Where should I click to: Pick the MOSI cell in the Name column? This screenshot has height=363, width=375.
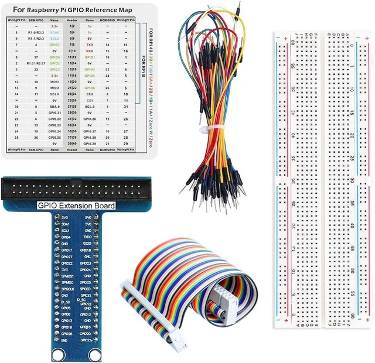click(54, 81)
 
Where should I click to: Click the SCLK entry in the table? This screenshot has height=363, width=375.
click(54, 94)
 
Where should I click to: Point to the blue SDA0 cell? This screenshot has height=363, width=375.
click(54, 32)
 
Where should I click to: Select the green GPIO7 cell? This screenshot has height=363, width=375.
click(54, 44)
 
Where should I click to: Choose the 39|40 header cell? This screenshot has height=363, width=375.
click(72, 142)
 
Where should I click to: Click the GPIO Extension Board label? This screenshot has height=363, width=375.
click(76, 206)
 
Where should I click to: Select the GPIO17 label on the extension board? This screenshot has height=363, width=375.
click(67, 250)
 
